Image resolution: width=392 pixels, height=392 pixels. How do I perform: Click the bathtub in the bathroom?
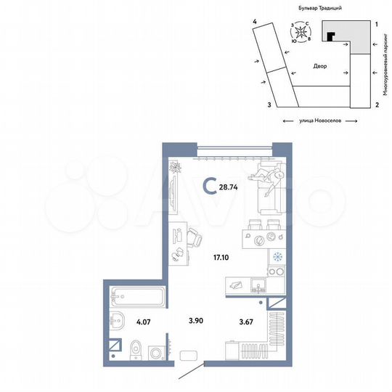point(136,296)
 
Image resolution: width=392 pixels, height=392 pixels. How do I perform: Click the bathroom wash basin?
point(116,321)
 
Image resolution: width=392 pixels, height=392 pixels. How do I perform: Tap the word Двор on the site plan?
point(320,66)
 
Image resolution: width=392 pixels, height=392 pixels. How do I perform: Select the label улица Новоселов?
point(320,122)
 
